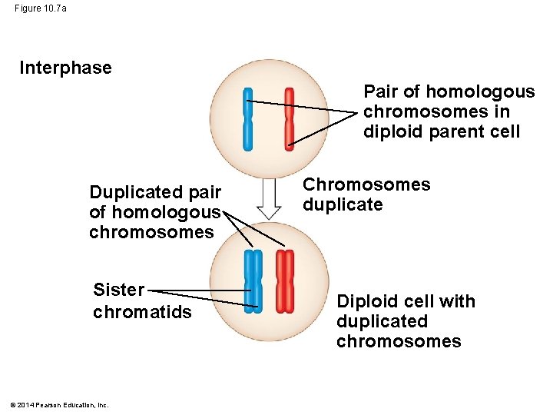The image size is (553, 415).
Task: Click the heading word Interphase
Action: [x=65, y=68]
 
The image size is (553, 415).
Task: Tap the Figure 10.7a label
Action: [x=40, y=8]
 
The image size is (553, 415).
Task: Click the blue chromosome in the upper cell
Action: [x=247, y=118]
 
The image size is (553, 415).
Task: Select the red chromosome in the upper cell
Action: [x=289, y=118]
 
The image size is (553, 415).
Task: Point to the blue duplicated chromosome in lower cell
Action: [x=253, y=281]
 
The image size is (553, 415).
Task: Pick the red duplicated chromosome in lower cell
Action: [x=285, y=281]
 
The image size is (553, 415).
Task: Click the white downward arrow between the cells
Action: [x=269, y=198]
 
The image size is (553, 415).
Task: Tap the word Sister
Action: [x=118, y=290]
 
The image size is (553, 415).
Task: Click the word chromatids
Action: [x=142, y=311]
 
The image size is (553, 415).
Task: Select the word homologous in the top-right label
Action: [x=480, y=91]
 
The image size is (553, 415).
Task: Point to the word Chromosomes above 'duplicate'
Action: [x=366, y=184]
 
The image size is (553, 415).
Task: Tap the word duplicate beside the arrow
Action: [x=342, y=204]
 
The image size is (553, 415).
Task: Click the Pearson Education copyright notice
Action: [x=59, y=405]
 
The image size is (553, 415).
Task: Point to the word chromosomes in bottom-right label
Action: [x=398, y=341]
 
